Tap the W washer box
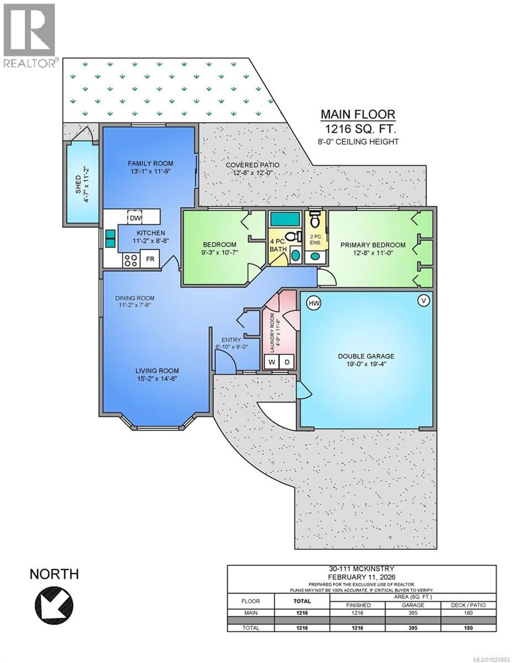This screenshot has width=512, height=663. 272,362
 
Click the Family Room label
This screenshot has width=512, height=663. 151,163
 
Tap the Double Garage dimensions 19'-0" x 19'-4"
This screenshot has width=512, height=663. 366,364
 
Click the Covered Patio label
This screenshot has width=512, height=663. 253,165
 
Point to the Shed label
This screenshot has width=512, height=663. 78,184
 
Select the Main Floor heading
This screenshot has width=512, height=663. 358,114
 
